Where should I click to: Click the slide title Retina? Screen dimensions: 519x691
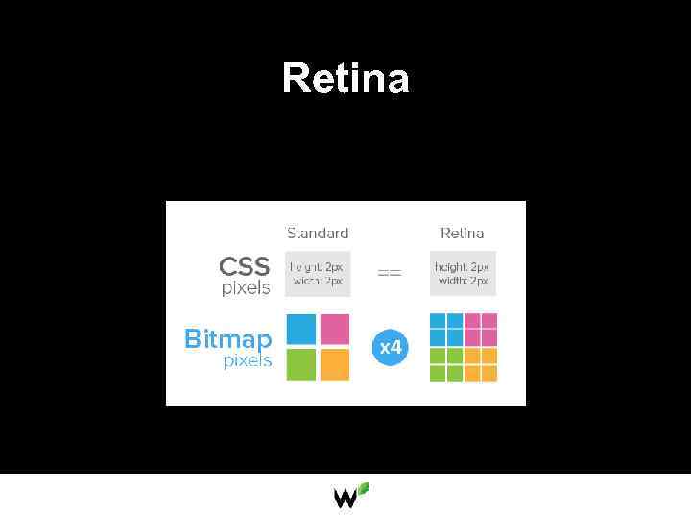[x=345, y=78]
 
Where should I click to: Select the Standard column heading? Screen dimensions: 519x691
[x=318, y=234]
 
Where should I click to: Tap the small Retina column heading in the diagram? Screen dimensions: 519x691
[x=462, y=234]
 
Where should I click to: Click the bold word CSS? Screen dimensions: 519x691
[x=244, y=266]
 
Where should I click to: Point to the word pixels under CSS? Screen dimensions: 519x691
[x=246, y=287]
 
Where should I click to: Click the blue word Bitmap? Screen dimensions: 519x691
[x=227, y=339]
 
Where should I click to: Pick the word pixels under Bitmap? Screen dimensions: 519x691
[x=248, y=361]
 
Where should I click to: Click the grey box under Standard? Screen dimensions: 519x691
[x=318, y=274]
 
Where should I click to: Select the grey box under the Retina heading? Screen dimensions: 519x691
[x=463, y=274]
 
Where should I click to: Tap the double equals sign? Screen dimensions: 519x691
[x=389, y=274]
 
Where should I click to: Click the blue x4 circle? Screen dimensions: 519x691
[x=391, y=347]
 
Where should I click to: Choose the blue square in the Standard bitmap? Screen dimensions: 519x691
[x=301, y=330]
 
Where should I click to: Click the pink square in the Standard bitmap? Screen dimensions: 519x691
[x=334, y=330]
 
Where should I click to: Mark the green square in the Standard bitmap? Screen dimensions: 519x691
[x=301, y=363]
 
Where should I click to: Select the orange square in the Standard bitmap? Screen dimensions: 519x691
[x=334, y=363]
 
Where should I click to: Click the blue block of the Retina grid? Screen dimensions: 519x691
[x=446, y=330]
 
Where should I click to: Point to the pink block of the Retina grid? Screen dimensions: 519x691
[x=480, y=330]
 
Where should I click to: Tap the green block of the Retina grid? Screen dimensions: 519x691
[x=446, y=363]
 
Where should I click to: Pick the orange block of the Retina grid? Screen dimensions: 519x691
[x=480, y=363]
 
